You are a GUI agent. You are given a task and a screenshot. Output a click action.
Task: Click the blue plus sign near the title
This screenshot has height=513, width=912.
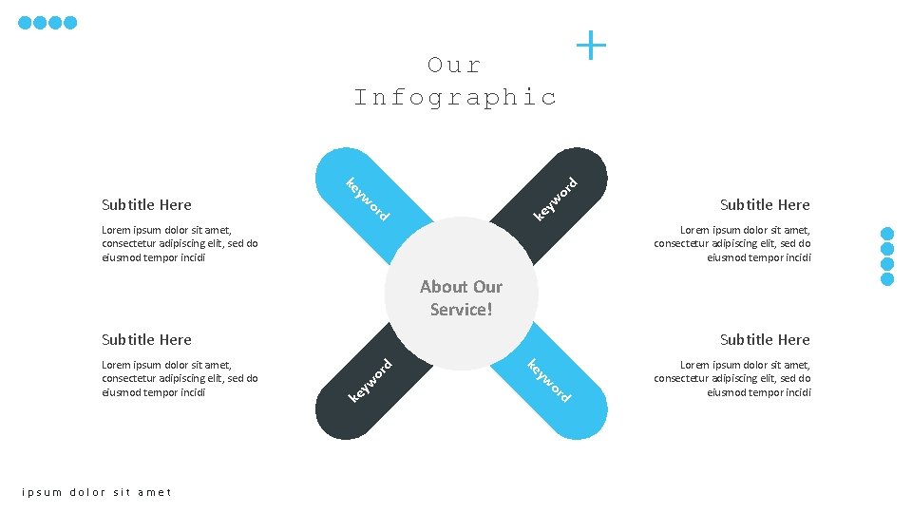click(x=591, y=45)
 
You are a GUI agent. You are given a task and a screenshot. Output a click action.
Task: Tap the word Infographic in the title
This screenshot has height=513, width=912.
click(x=455, y=97)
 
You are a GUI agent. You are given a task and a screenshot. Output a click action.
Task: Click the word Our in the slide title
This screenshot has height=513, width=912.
click(x=455, y=66)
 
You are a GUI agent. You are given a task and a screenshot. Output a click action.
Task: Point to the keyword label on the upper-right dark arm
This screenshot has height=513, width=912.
click(x=556, y=199)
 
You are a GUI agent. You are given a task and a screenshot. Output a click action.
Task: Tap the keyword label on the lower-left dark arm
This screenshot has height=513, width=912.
click(x=370, y=379)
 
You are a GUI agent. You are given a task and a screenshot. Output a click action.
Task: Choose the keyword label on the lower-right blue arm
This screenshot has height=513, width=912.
click(x=549, y=381)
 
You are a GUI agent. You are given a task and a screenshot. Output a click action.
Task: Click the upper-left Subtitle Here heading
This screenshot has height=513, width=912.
click(x=146, y=204)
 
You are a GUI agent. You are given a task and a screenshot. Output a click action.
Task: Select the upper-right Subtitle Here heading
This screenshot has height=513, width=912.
click(x=765, y=204)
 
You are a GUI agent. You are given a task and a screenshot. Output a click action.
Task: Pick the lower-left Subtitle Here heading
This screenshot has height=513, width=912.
click(x=146, y=339)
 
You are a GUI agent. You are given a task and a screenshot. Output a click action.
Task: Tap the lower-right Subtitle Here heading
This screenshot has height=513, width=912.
click(x=765, y=339)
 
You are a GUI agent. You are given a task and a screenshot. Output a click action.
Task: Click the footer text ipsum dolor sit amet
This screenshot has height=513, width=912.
click(x=97, y=492)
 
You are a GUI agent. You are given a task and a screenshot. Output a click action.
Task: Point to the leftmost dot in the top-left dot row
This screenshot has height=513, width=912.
click(x=26, y=23)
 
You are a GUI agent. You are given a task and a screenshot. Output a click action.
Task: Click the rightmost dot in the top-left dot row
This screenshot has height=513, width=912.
click(x=70, y=23)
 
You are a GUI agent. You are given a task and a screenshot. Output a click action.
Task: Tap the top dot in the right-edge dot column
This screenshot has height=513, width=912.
click(x=887, y=234)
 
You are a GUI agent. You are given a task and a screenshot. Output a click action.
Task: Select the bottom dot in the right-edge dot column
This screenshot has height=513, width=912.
click(x=887, y=279)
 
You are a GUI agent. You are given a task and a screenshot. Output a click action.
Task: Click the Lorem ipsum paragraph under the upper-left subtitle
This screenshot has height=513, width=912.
click(x=180, y=243)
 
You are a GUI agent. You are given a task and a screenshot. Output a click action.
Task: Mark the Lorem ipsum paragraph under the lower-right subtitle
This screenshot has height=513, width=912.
click(x=732, y=378)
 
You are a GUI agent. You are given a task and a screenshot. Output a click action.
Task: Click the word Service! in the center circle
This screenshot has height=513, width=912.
click(x=462, y=310)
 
